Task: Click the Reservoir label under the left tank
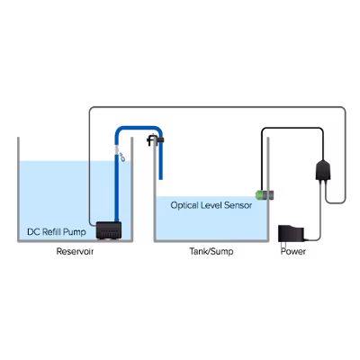(75, 251)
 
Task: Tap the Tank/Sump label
(211, 251)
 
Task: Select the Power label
(293, 251)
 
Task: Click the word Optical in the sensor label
(184, 205)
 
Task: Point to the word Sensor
(238, 205)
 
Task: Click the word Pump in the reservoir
(75, 232)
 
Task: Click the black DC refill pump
(109, 230)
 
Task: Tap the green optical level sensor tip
(258, 195)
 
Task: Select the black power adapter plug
(291, 234)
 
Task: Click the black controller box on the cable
(323, 170)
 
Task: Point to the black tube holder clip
(155, 139)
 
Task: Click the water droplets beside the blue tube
(122, 157)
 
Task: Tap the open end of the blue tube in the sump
(161, 179)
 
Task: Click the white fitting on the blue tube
(117, 150)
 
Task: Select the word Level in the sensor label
(211, 205)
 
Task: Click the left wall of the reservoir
(19, 189)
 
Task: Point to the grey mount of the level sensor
(268, 195)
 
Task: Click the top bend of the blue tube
(139, 128)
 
